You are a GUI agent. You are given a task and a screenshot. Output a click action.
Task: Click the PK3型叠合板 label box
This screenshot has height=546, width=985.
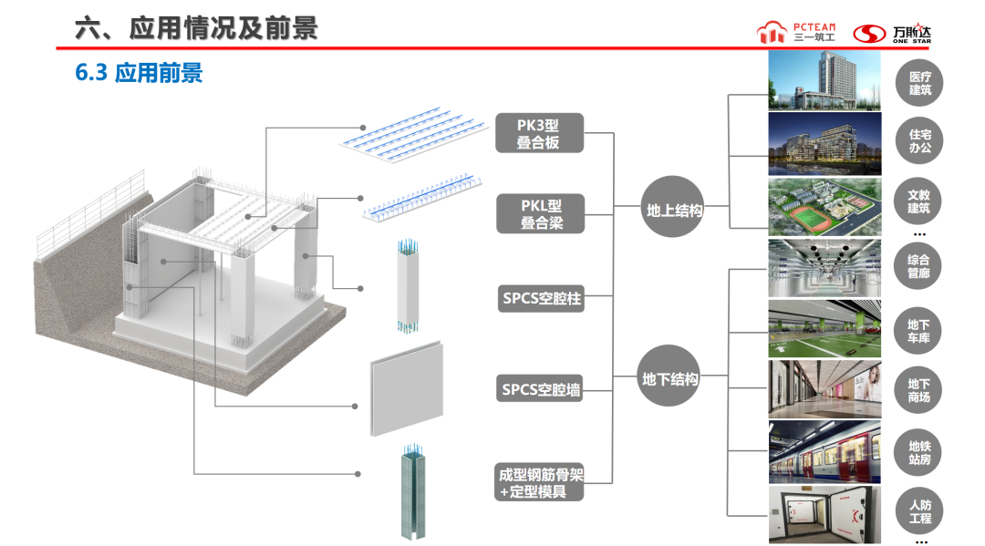coord(538,133)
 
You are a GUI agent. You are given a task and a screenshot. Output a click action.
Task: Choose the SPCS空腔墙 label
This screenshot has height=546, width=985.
coord(542,389)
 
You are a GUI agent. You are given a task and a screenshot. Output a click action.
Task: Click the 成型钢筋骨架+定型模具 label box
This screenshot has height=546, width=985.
coord(541,482)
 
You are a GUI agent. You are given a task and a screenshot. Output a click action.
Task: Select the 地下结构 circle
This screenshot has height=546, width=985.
coord(670,378)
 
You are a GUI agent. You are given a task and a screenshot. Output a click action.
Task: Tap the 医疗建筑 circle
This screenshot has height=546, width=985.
coord(919,83)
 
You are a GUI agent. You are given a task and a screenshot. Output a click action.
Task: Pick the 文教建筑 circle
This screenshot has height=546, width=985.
coord(919,201)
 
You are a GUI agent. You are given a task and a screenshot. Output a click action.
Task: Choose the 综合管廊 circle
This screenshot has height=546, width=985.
coord(919,266)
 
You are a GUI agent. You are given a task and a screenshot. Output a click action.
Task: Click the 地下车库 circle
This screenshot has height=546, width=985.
coord(919,330)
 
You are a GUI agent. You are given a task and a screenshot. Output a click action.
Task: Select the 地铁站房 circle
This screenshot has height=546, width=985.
coord(919,452)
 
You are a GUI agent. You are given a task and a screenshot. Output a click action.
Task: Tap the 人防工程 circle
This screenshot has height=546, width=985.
coord(919,511)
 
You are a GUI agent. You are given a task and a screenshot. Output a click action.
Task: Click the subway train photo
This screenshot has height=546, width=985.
coord(824,451)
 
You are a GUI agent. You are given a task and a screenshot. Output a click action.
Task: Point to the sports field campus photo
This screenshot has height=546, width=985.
coord(824,206)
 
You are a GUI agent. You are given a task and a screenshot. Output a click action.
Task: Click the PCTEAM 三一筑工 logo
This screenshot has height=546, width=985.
coord(796,33)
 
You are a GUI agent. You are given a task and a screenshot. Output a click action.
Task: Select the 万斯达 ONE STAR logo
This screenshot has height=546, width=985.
coord(897,33)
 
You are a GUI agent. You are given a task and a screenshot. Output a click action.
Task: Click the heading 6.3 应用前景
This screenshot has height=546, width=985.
coord(139,73)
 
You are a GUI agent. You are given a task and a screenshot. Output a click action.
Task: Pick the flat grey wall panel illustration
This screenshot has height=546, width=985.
coord(407,387)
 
